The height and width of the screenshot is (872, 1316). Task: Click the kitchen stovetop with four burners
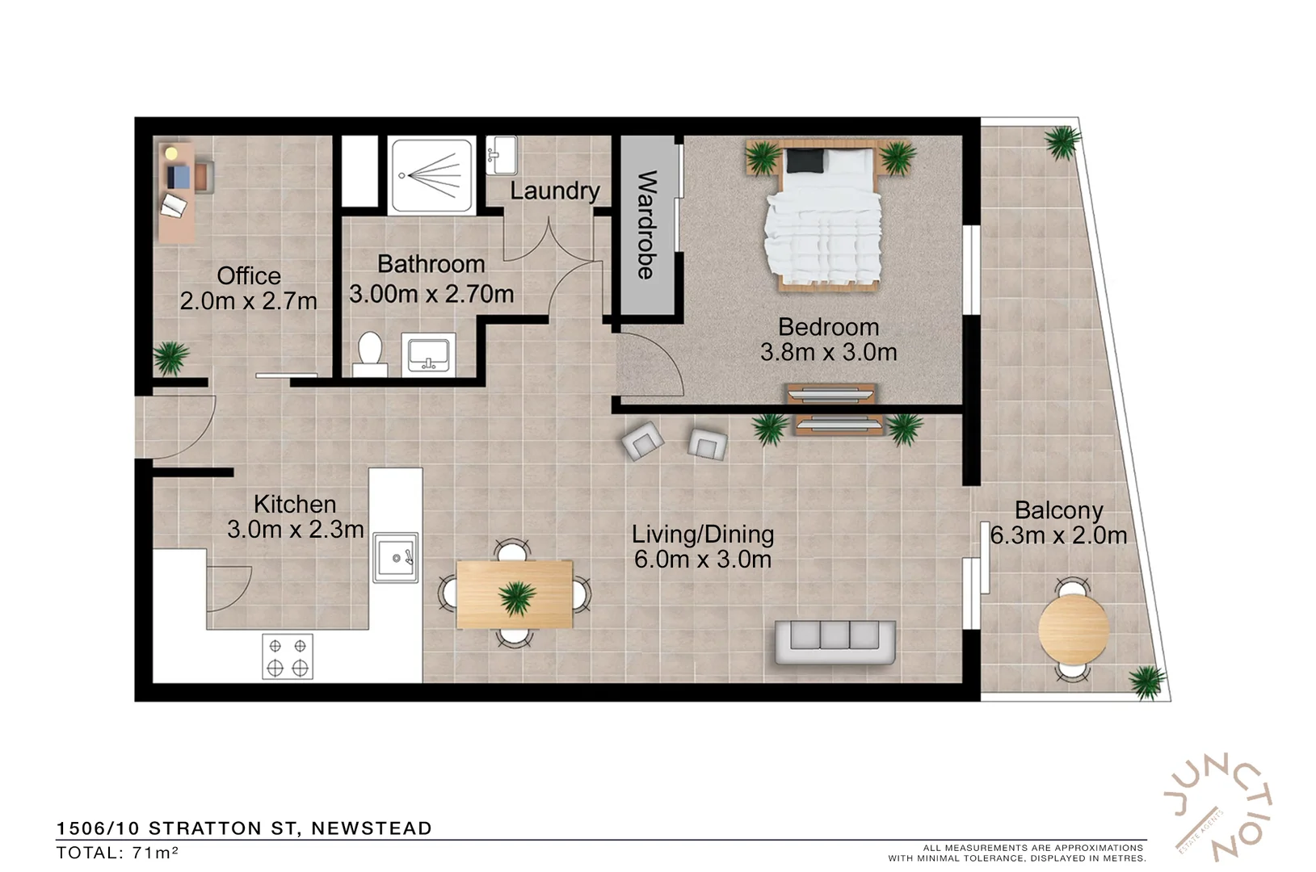(288, 656)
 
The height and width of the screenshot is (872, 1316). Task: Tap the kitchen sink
(396, 557)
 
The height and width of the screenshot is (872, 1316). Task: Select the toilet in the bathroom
(370, 354)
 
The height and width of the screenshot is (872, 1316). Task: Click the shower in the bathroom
(430, 175)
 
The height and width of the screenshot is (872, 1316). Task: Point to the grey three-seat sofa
(835, 641)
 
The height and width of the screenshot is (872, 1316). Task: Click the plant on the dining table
(515, 598)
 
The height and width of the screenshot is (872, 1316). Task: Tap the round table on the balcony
(1073, 627)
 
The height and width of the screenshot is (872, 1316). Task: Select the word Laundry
(554, 191)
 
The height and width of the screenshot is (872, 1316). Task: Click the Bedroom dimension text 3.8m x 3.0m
(828, 352)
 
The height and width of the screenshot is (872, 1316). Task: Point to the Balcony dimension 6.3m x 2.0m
(1058, 535)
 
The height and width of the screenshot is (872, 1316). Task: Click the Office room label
(249, 276)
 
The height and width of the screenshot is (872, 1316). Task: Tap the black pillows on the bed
(804, 161)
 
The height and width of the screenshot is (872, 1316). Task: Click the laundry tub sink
(502, 154)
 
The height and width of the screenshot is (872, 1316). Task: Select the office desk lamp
(171, 153)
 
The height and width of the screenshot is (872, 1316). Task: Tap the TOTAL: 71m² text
(118, 853)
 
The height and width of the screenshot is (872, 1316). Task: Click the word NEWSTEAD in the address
(372, 828)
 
